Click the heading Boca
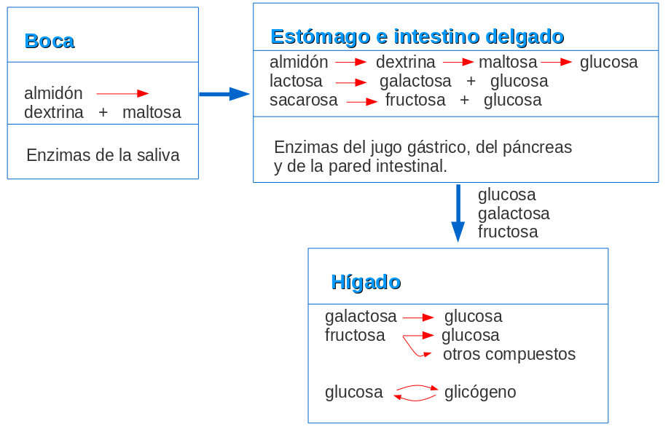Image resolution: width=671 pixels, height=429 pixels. coord(50,41)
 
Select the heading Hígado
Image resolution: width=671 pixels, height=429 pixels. coord(366,282)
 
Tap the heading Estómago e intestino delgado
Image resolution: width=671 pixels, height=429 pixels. coord(417,36)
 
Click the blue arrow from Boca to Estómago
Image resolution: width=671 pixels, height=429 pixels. coord(224,94)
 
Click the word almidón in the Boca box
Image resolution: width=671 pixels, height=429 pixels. coord(53,93)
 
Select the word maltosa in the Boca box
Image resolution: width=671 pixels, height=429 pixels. coord(152,112)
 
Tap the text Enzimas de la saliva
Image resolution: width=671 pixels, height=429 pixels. coord(103,155)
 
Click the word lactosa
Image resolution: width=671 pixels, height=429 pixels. coord(296,81)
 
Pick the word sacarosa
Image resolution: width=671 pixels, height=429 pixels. coord(304,100)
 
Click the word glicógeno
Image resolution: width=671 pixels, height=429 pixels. coord(480,392)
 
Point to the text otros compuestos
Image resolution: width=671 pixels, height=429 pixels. coord(509,354)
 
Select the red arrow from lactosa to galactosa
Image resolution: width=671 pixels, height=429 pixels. coord(350,82)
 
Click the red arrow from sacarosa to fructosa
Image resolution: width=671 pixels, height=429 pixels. coord(361,101)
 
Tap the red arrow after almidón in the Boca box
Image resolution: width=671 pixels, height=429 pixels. coord(122,93)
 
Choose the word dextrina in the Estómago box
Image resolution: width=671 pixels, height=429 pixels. coord(406,62)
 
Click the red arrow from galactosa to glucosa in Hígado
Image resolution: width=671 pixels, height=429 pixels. coord(418,318)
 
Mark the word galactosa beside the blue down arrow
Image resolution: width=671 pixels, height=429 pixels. coord(514,213)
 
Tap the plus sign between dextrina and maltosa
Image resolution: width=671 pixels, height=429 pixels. coord(103,112)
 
